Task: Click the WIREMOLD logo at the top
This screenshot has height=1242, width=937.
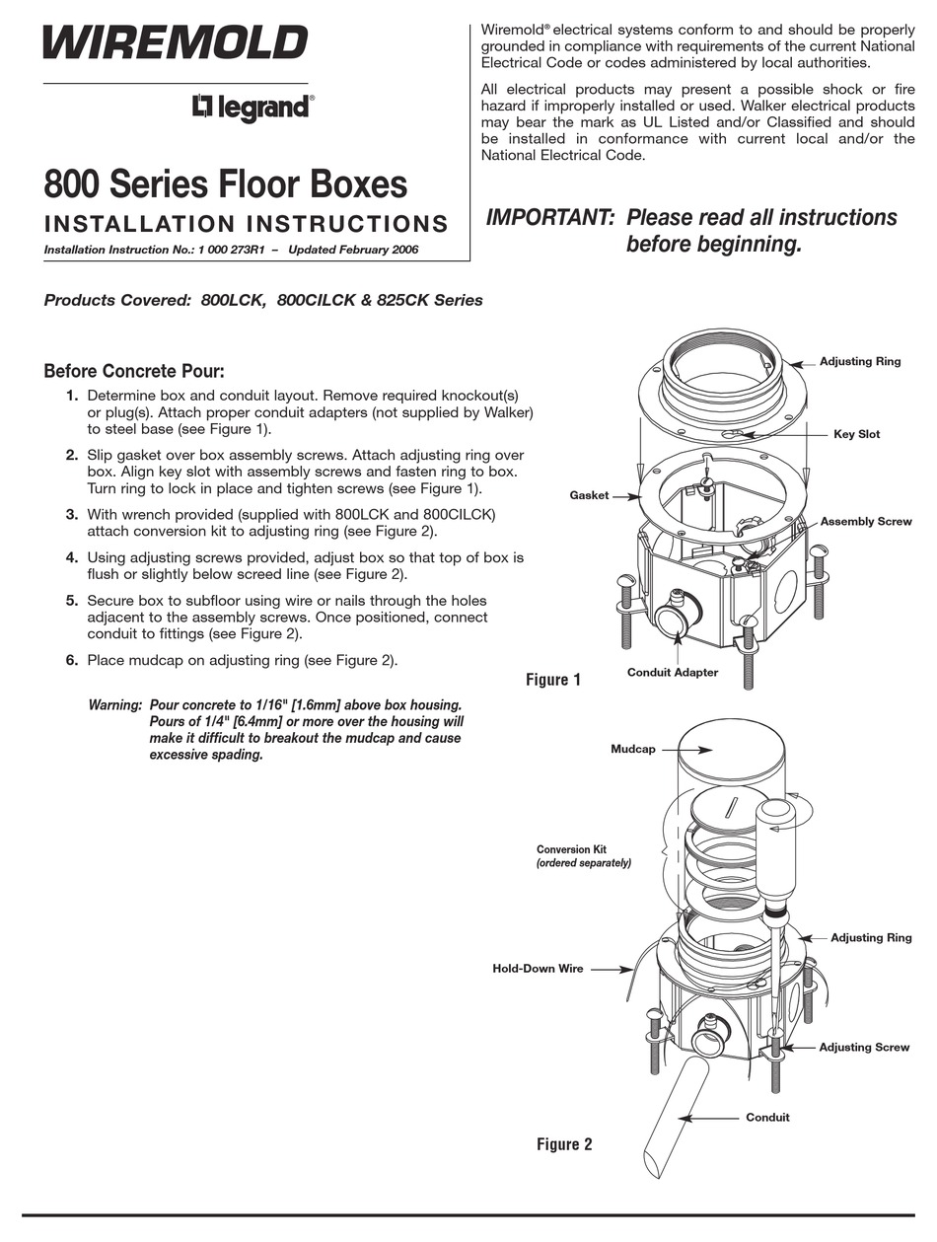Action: (x=176, y=43)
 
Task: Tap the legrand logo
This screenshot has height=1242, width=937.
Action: (x=252, y=107)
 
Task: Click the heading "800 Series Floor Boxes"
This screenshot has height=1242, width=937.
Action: (x=225, y=184)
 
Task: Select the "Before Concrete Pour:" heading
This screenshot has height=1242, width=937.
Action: (x=134, y=372)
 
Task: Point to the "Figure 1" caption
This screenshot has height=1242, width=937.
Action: (x=552, y=680)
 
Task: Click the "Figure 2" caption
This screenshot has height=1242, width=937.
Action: (x=564, y=1144)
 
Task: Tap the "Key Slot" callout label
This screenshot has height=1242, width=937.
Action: (x=856, y=434)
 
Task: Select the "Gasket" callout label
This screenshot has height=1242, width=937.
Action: (x=589, y=495)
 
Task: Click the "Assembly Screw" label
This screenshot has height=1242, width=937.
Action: (x=866, y=521)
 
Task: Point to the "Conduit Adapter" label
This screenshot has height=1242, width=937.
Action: (x=673, y=673)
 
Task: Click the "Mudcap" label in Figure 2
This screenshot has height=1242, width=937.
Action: (x=632, y=750)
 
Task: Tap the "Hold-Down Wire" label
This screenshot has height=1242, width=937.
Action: (x=538, y=969)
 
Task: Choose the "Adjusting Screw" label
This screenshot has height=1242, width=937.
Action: (x=864, y=1048)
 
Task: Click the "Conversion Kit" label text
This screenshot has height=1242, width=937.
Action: (x=571, y=849)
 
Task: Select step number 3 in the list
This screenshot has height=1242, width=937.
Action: (x=72, y=514)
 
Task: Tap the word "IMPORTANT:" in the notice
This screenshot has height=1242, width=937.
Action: (x=550, y=218)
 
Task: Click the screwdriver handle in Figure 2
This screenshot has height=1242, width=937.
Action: (x=776, y=839)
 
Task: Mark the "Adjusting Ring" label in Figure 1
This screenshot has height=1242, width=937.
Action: (x=860, y=362)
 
